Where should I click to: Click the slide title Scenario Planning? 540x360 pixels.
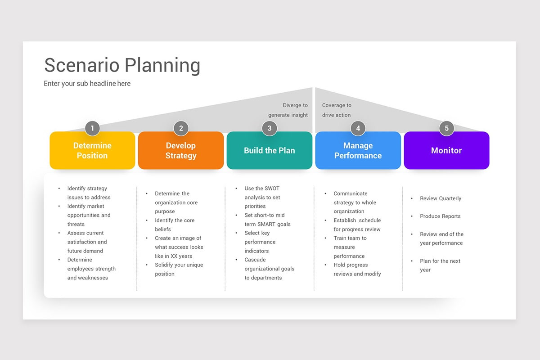point(122,65)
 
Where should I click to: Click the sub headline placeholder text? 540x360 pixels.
point(87,83)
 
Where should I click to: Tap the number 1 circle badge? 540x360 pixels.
point(92,128)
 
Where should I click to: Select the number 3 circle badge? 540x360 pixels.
point(269,128)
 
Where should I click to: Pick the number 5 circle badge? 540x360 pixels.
point(446,128)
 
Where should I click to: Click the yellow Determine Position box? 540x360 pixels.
point(92,151)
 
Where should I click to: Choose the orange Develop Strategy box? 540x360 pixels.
point(181,151)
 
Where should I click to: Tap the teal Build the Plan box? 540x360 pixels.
point(269,151)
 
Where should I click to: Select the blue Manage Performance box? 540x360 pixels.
point(358,151)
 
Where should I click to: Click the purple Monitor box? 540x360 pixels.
point(446,151)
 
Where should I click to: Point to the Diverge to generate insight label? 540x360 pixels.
point(288,110)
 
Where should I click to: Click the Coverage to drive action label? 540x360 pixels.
point(337,110)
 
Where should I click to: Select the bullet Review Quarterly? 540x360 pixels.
point(440,198)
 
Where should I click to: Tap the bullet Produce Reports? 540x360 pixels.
point(440,216)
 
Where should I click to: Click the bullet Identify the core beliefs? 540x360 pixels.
point(175,225)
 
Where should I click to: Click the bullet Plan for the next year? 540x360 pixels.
point(440,265)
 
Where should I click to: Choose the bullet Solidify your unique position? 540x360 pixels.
point(179,269)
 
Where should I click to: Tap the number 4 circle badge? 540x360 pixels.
point(358,128)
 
